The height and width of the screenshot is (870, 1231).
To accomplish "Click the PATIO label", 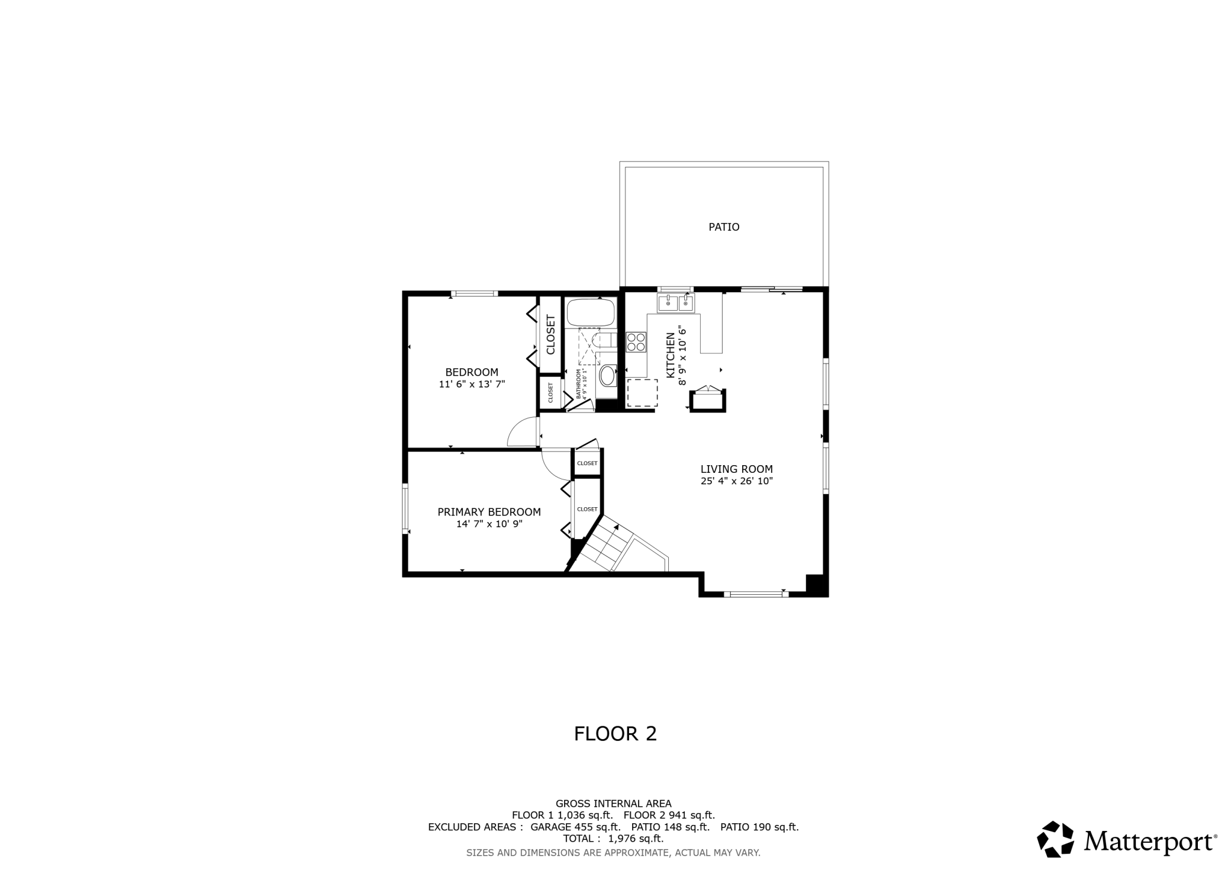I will (724, 227).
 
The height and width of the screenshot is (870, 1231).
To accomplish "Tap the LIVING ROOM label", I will (736, 469).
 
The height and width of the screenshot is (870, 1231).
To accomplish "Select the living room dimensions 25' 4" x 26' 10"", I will (736, 481).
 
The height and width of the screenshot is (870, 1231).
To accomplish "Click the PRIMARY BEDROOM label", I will (489, 512).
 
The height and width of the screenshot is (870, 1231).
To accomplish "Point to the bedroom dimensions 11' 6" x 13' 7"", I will (472, 384).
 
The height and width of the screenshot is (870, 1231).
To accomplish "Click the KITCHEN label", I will (671, 355).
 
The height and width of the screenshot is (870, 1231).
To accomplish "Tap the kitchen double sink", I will (675, 304).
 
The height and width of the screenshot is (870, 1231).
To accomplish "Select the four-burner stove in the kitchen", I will (636, 342).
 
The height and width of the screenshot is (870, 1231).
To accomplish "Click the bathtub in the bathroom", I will (591, 312).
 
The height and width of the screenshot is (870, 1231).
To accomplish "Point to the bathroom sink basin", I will (607, 376).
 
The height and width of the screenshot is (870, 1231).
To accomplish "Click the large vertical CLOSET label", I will (550, 335).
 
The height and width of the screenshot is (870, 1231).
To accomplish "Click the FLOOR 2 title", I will (615, 734).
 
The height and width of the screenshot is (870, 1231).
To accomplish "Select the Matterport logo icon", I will (1055, 839).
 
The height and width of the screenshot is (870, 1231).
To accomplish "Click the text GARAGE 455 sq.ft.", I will (575, 827).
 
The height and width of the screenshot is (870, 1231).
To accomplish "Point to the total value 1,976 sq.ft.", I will (636, 839).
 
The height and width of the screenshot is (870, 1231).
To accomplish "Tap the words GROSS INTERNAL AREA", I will (613, 804).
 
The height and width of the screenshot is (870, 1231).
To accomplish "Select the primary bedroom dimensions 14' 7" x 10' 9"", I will (489, 524).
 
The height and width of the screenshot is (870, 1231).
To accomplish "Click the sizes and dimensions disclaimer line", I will (613, 853).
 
